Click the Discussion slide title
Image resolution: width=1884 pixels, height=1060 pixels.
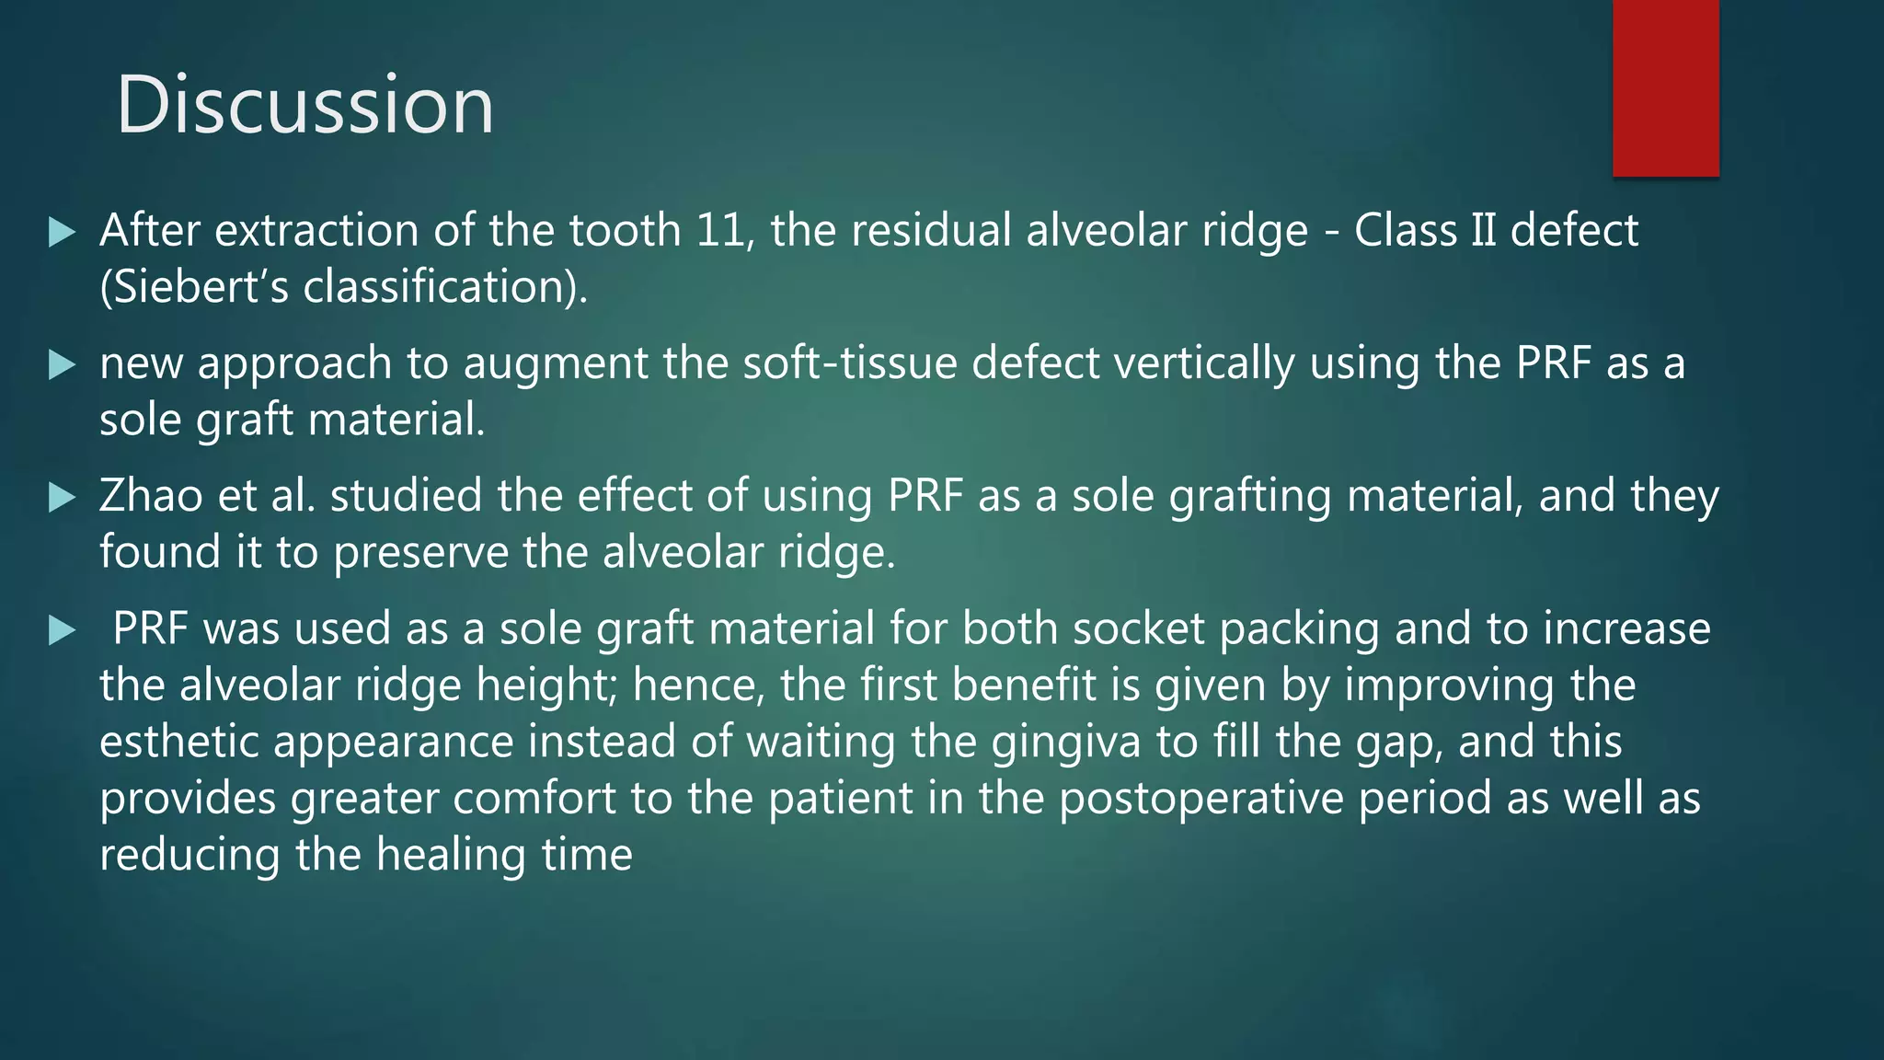click(x=304, y=105)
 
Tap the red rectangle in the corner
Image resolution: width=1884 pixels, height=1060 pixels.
click(x=1665, y=87)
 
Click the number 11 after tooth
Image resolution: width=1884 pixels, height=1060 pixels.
click(x=719, y=230)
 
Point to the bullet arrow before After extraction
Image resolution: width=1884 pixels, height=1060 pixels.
click(x=62, y=232)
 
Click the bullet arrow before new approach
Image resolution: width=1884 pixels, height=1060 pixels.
click(x=62, y=365)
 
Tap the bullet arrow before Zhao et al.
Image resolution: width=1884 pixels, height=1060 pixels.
click(x=62, y=498)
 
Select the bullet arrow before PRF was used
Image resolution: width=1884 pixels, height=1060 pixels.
click(x=62, y=630)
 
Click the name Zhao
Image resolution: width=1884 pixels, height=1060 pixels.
click(x=151, y=496)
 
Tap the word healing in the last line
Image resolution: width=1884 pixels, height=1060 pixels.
click(x=451, y=856)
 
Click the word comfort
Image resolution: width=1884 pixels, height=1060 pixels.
click(x=534, y=798)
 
